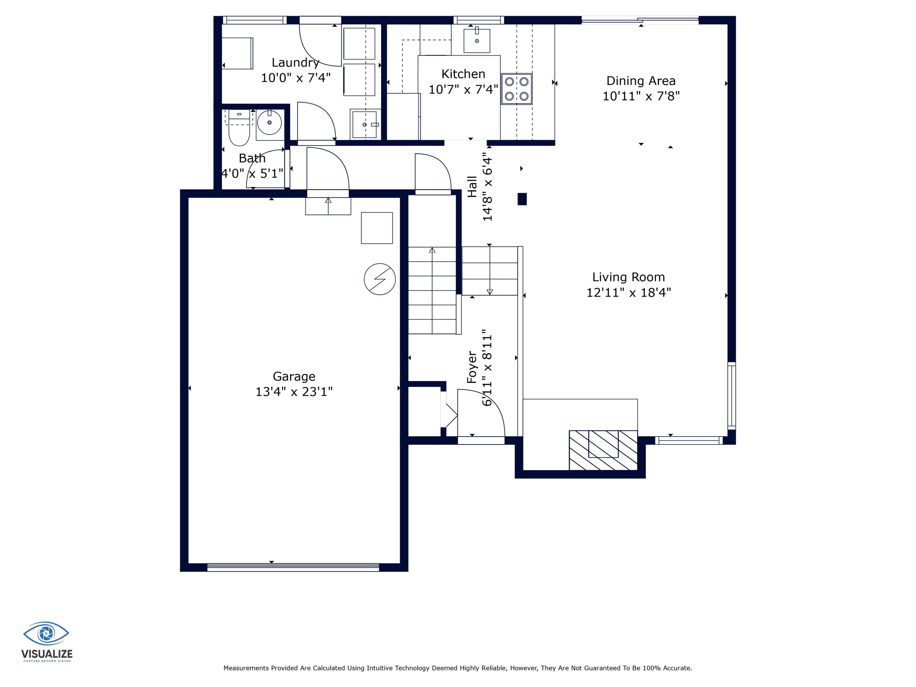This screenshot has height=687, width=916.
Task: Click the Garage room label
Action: (x=294, y=377)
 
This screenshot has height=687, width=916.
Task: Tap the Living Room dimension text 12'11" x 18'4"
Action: (x=628, y=293)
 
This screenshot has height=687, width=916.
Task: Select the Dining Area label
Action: (x=640, y=81)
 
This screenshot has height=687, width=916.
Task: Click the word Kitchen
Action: (x=463, y=74)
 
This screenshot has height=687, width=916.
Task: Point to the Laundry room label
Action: (x=295, y=63)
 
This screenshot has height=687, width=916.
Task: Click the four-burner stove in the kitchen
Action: (x=517, y=89)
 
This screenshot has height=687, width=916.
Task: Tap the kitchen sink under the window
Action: (x=477, y=40)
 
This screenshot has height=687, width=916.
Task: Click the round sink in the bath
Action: (x=269, y=123)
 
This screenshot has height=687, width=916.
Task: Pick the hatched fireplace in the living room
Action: (x=603, y=450)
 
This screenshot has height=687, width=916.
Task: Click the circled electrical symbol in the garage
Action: (x=380, y=279)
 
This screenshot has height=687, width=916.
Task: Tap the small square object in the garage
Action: (x=377, y=228)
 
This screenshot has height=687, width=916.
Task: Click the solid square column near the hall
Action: (x=522, y=199)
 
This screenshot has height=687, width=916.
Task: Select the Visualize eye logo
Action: (x=46, y=633)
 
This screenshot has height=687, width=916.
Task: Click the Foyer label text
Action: (x=472, y=367)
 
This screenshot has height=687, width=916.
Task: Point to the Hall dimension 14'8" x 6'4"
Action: (x=487, y=187)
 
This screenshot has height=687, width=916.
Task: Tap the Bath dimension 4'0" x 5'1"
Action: (x=253, y=173)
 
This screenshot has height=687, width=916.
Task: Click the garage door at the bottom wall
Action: (x=293, y=567)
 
